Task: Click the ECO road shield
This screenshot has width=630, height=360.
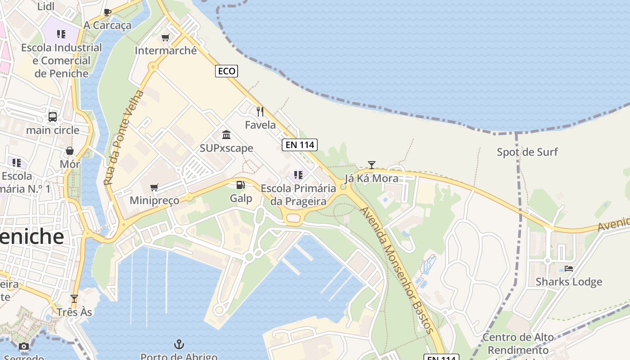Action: pyautogui.click(x=226, y=71)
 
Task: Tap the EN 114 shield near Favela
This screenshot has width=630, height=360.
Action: pyautogui.click(x=300, y=145)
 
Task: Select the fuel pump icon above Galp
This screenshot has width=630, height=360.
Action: pyautogui.click(x=241, y=185)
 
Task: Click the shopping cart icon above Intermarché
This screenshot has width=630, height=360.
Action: pyautogui.click(x=166, y=38)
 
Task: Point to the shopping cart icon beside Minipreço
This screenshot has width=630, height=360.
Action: pyautogui.click(x=154, y=187)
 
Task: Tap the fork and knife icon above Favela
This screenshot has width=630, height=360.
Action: pyautogui.click(x=260, y=111)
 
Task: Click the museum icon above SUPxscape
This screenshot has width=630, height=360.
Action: pyautogui.click(x=226, y=135)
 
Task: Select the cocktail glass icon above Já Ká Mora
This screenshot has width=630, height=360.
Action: pyautogui.click(x=371, y=165)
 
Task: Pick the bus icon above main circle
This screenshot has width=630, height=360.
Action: pyautogui.click(x=53, y=117)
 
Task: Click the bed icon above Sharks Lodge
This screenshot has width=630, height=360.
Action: pyautogui.click(x=569, y=269)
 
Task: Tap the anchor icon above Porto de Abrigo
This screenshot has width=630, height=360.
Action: pyautogui.click(x=179, y=345)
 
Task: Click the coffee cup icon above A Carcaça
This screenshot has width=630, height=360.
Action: pyautogui.click(x=107, y=12)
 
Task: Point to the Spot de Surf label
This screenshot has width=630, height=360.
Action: pyautogui.click(x=527, y=152)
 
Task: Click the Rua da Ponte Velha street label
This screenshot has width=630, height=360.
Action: pyautogui.click(x=123, y=138)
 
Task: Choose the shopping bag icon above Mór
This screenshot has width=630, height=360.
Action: pyautogui.click(x=70, y=151)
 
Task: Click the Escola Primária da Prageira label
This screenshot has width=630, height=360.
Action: pyautogui.click(x=298, y=194)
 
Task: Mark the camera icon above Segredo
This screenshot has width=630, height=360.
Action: pyautogui.click(x=24, y=346)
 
